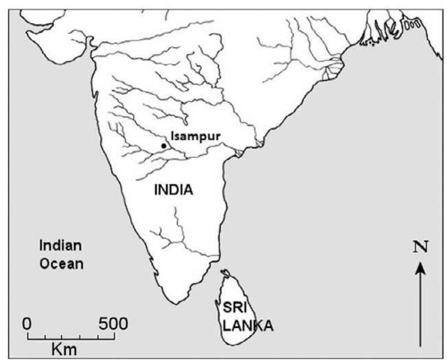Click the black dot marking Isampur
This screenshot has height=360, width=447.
click(163, 146)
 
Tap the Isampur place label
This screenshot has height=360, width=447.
click(195, 136)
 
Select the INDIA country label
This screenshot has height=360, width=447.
click(174, 190)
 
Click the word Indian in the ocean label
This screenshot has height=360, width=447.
click(60, 246)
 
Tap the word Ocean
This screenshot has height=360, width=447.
click(61, 263)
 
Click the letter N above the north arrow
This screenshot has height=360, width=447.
click(420, 247)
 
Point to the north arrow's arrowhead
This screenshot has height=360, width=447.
click(420, 265)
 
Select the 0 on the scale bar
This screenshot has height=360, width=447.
click(27, 324)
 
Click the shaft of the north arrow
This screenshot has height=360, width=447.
click(420, 307)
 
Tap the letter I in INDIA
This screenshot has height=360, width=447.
click(157, 190)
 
